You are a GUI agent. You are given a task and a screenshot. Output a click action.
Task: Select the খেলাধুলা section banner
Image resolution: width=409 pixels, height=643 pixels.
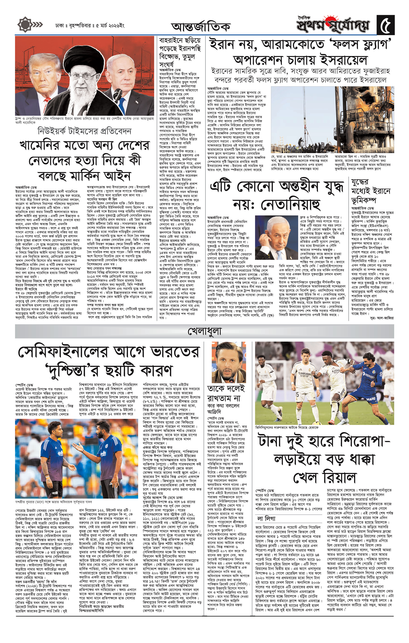(204, 331)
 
